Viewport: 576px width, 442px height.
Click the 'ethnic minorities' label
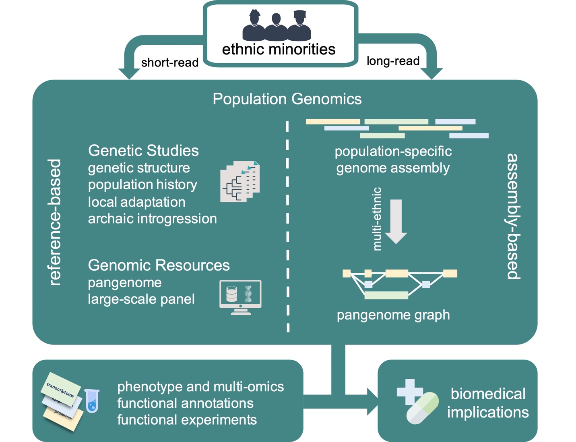click(279, 50)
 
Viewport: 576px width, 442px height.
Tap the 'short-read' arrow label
click(169, 62)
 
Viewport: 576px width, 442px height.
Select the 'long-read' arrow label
click(393, 61)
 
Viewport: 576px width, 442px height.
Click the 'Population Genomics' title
click(287, 99)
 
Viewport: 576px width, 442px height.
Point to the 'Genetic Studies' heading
click(143, 151)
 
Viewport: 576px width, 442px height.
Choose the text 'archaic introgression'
click(152, 219)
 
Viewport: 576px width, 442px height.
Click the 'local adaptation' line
click(136, 202)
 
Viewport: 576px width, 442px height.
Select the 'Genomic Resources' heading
click(159, 265)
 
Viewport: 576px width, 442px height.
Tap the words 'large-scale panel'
click(141, 299)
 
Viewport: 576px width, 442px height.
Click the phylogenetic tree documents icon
click(240, 181)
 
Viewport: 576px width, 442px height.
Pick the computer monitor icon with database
click(240, 297)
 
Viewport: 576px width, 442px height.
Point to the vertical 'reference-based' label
click(55, 222)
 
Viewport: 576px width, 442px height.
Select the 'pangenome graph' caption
click(393, 315)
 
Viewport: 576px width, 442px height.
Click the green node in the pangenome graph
click(386, 295)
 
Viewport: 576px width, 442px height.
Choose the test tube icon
click(92, 400)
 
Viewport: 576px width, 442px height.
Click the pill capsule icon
click(422, 408)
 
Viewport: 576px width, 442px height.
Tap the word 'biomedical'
click(488, 394)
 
